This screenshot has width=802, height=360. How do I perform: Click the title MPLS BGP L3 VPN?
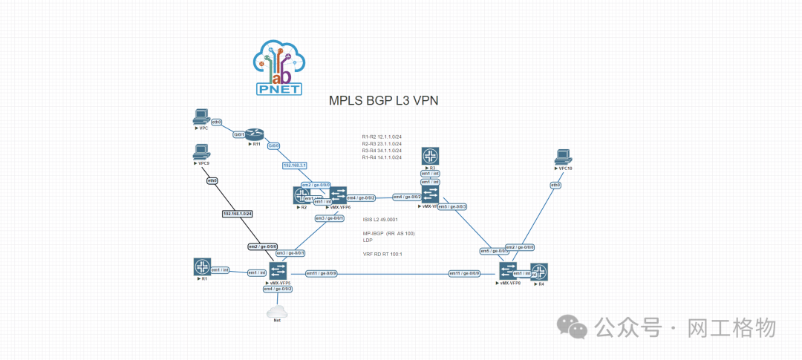click(383, 101)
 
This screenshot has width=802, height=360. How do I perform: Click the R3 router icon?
click(431, 156)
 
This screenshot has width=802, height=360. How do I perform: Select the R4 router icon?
click(539, 272)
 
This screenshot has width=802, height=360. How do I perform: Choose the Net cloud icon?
click(277, 311)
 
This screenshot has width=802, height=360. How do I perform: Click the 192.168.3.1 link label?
click(295, 165)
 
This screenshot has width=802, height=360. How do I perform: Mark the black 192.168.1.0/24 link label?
click(238, 214)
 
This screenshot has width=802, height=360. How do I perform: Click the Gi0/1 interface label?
click(239, 134)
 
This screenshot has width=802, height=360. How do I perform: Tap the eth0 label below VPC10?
click(555, 184)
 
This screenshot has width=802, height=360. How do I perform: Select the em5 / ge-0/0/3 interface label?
click(452, 206)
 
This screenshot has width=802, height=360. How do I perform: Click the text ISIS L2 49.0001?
click(380, 220)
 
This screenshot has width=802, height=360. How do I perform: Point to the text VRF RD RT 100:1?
click(382, 254)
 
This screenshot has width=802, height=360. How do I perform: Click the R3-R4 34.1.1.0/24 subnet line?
click(382, 150)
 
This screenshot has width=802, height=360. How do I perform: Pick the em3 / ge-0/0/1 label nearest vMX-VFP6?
click(329, 218)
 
